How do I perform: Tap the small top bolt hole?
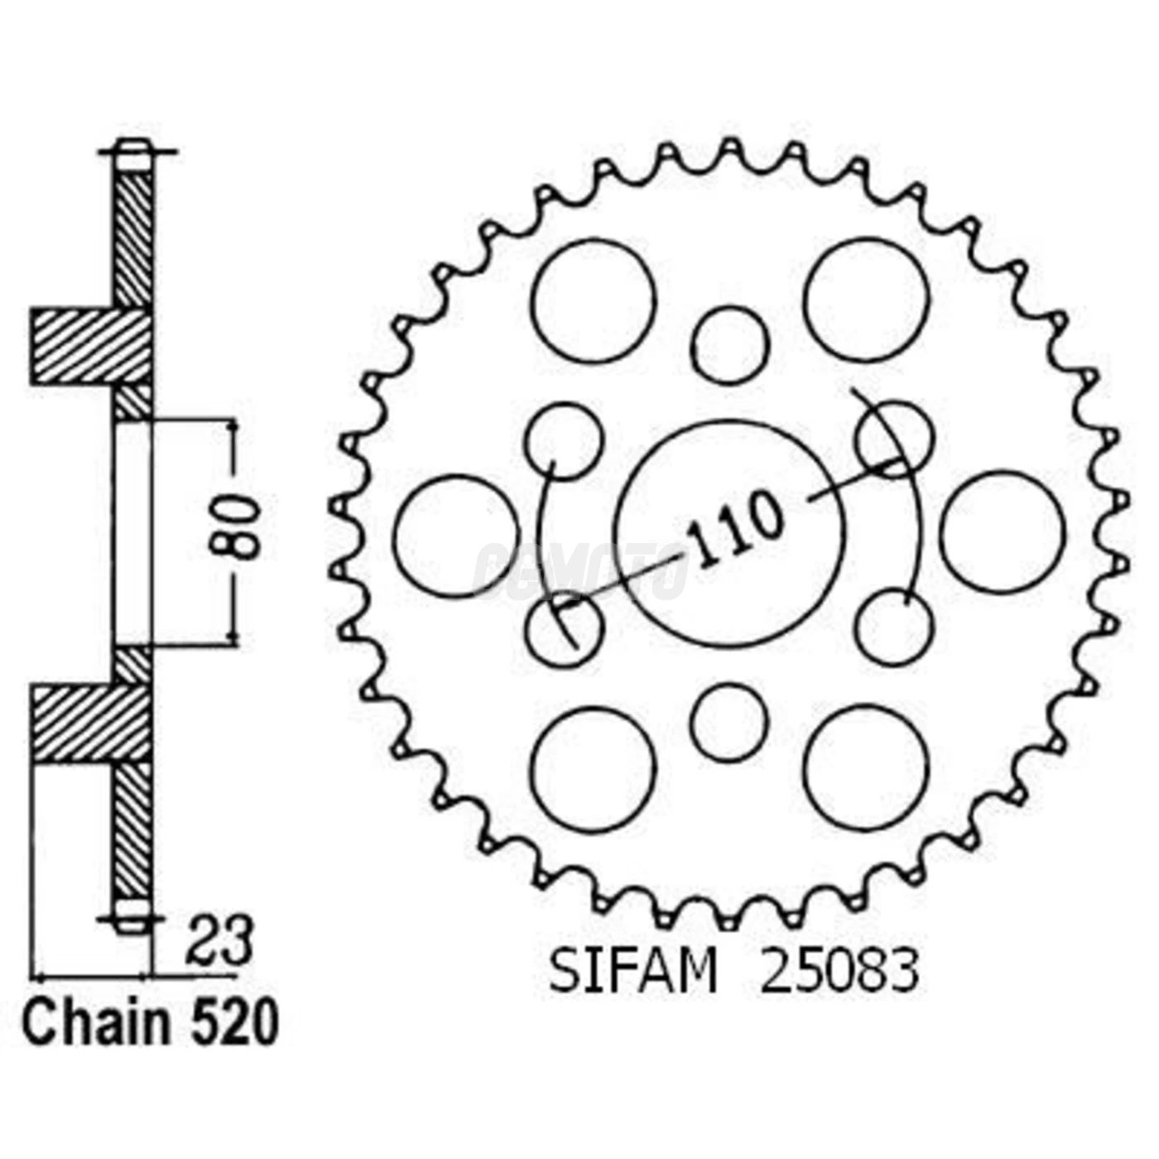pyautogui.click(x=730, y=346)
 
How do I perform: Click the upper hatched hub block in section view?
pyautogui.click(x=91, y=346)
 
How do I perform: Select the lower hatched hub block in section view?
pyautogui.click(x=91, y=723)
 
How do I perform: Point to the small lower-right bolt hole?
pyautogui.click(x=892, y=627)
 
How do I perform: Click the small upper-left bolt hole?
pyautogui.click(x=566, y=441)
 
